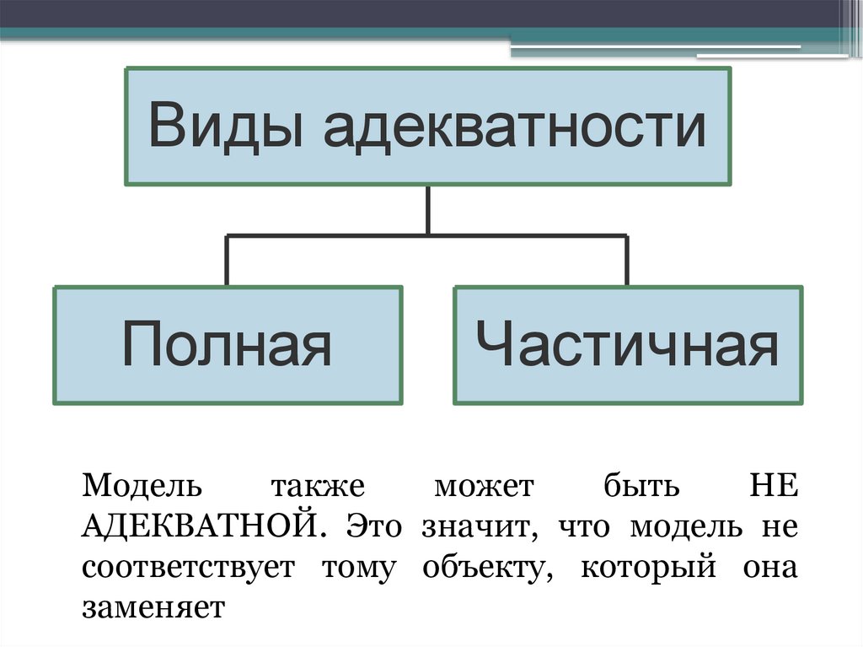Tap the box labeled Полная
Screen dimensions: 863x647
tap(227, 345)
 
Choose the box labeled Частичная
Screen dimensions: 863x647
tap(628, 345)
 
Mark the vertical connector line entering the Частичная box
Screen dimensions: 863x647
tap(627, 261)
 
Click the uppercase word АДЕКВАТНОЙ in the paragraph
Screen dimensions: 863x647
tap(201, 526)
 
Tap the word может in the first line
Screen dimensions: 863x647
tap(484, 487)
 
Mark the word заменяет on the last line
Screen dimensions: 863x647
tap(153, 607)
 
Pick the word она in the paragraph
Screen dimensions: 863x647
tap(769, 567)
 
